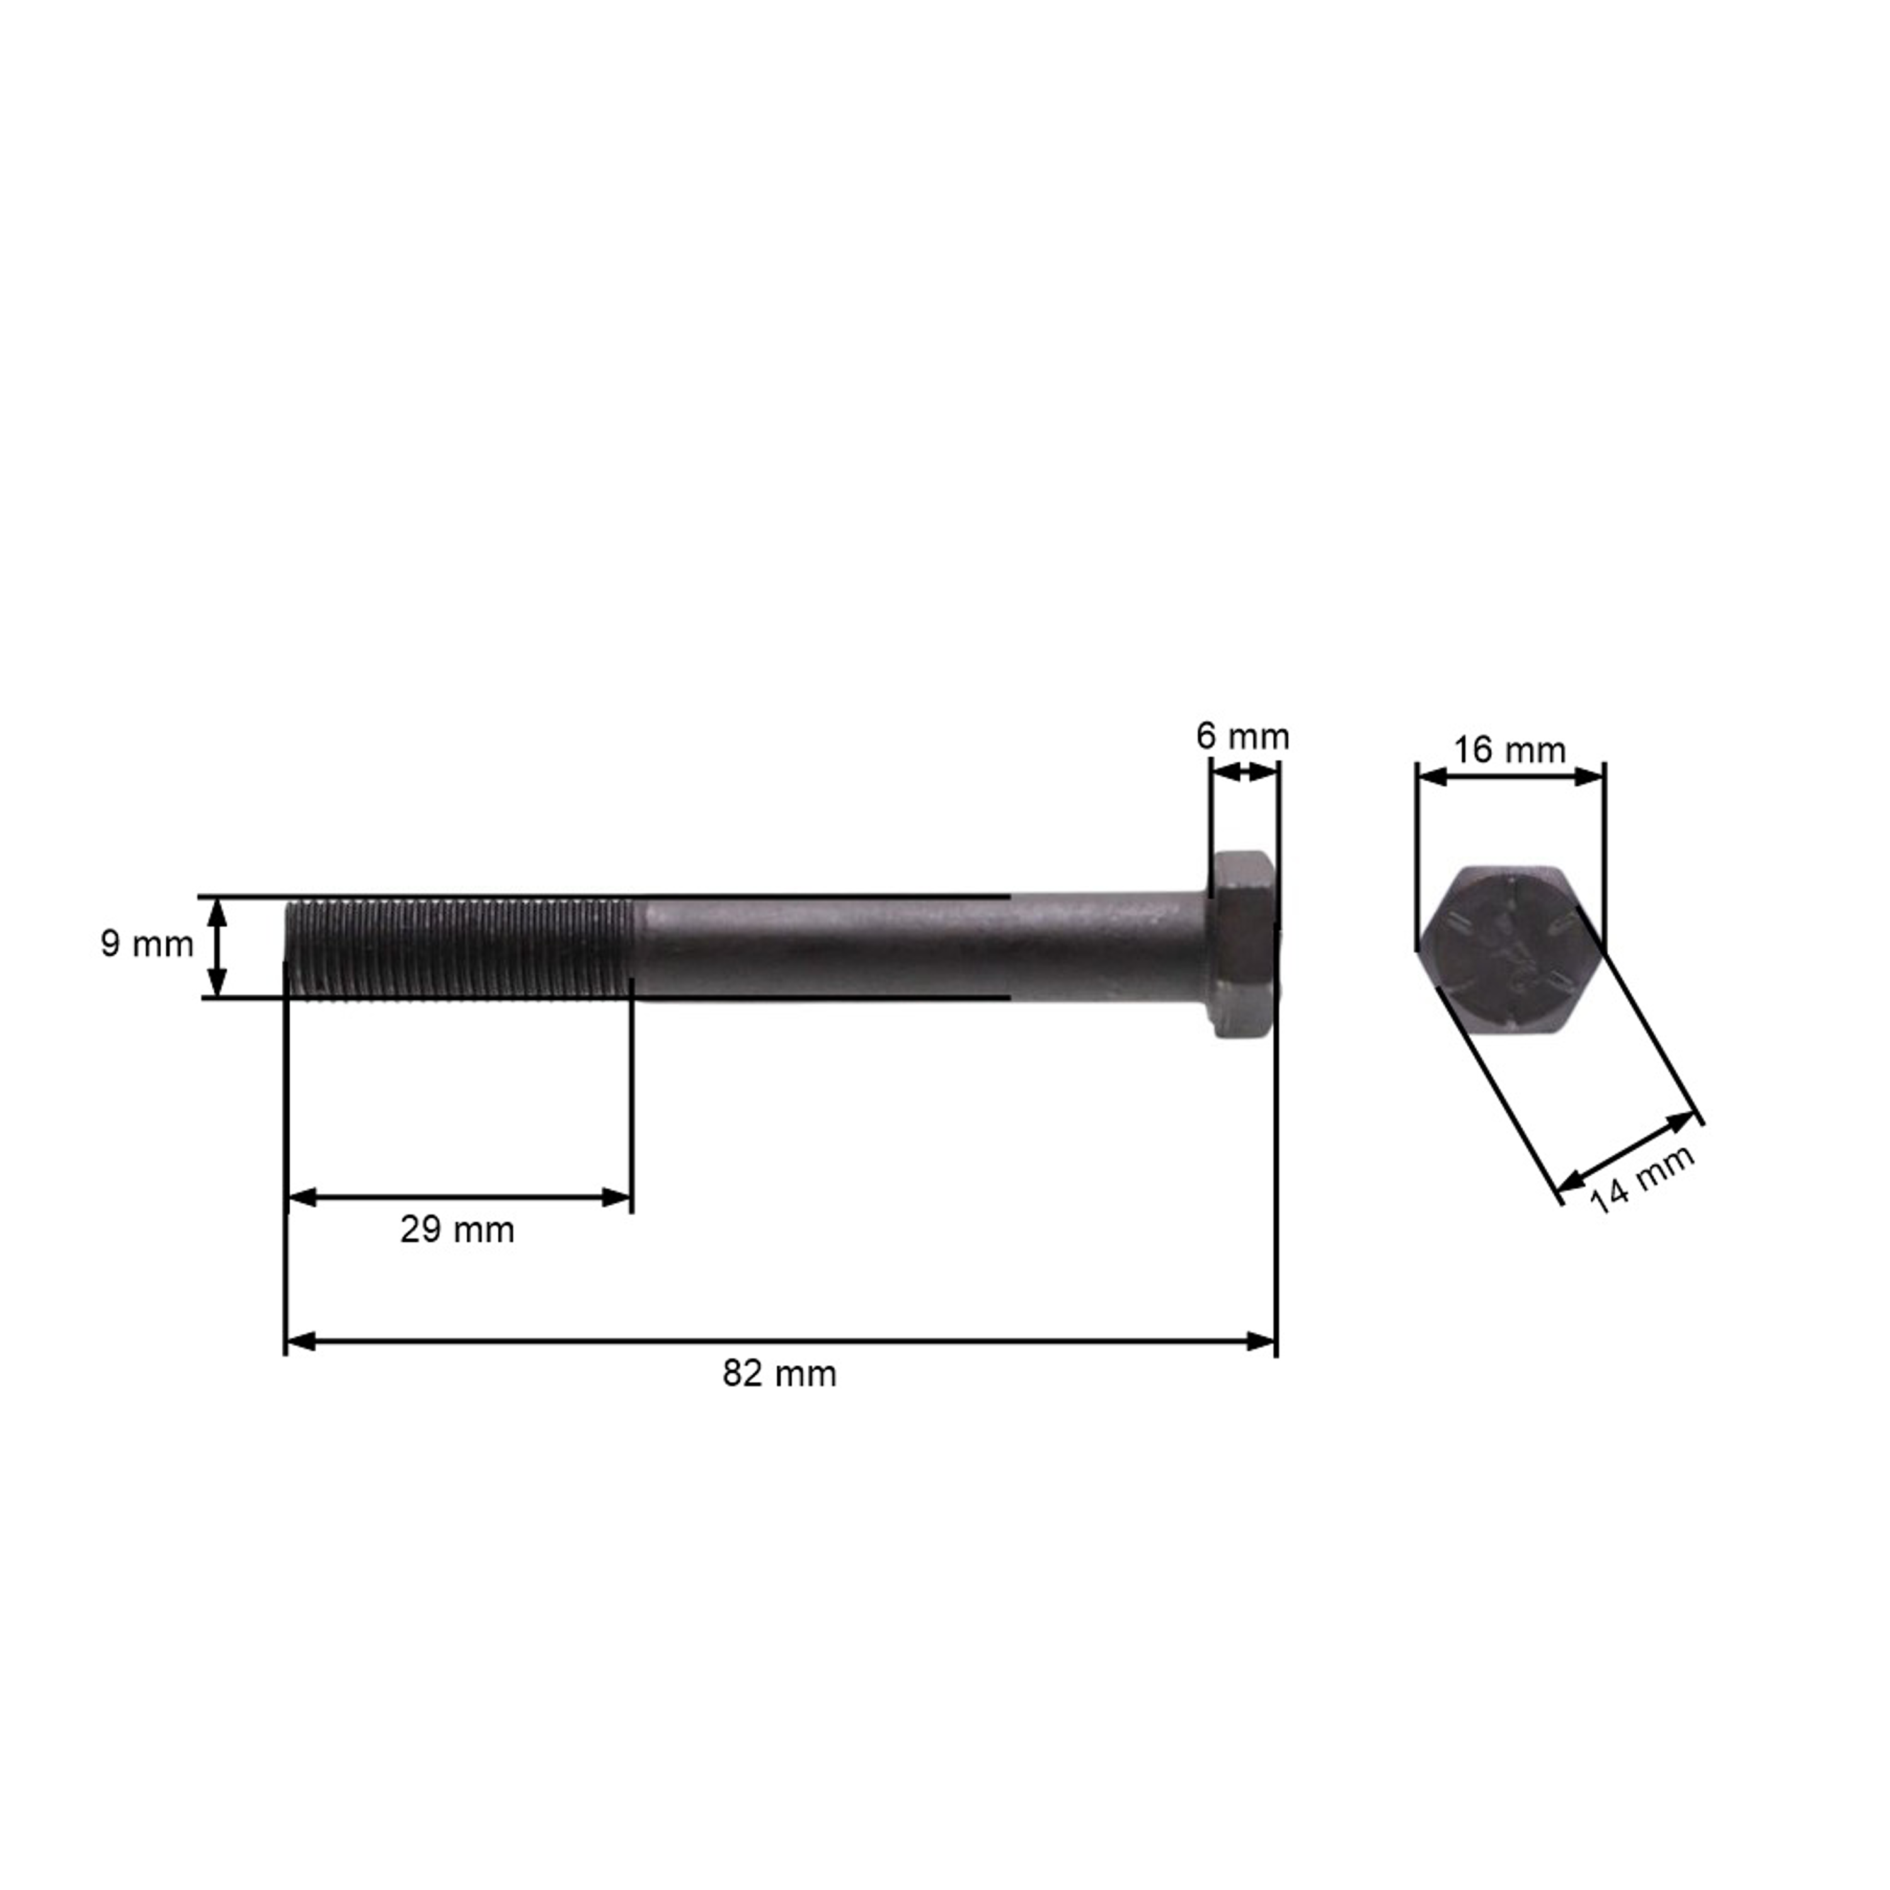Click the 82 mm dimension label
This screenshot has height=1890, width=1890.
(x=780, y=1373)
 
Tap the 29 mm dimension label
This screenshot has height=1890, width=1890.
(x=457, y=1230)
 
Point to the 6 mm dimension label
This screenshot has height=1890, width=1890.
(x=1242, y=736)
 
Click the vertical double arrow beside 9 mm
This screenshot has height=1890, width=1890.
(x=217, y=947)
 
